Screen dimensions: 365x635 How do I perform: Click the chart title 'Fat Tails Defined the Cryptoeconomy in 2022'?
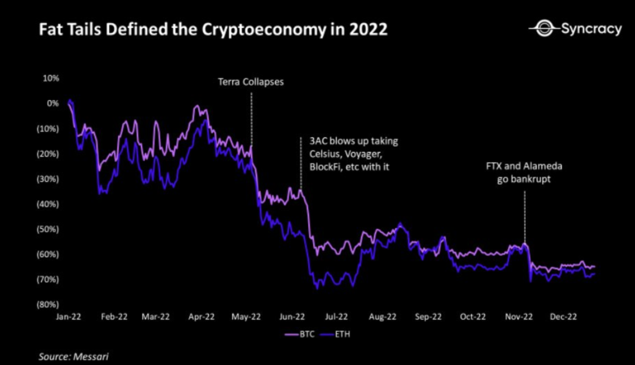[x=213, y=30]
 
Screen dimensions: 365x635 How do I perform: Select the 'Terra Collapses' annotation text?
[x=250, y=82]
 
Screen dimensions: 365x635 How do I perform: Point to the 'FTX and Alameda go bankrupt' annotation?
[x=524, y=172]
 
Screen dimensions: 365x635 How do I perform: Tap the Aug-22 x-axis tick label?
[x=383, y=317]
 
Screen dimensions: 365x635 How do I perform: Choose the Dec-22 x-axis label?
[x=563, y=317]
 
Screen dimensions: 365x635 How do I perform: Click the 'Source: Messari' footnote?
[x=74, y=356]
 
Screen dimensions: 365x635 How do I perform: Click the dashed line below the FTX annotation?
[x=525, y=217]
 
